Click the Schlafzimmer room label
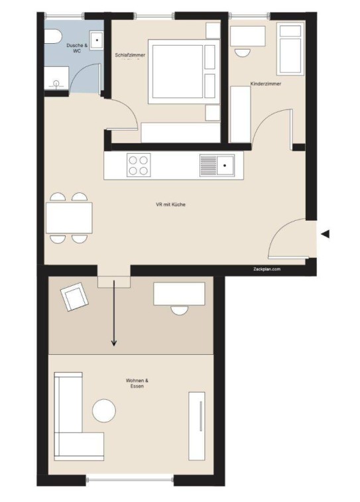[130, 55]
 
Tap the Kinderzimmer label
[266, 84]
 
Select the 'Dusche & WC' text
[77, 48]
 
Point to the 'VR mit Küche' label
[170, 204]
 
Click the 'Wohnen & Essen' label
[137, 383]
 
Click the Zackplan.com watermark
[267, 269]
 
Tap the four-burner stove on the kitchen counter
[139, 165]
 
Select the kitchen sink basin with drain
[225, 165]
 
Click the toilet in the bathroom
[52, 36]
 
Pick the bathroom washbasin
[96, 40]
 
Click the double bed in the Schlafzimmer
[184, 72]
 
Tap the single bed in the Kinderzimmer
[290, 48]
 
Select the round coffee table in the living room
[104, 410]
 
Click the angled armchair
[74, 297]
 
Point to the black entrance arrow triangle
[325, 234]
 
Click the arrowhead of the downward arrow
[113, 344]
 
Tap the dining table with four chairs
[69, 218]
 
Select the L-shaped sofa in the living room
[79, 416]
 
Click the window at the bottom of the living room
[129, 480]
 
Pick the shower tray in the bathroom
[56, 78]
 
